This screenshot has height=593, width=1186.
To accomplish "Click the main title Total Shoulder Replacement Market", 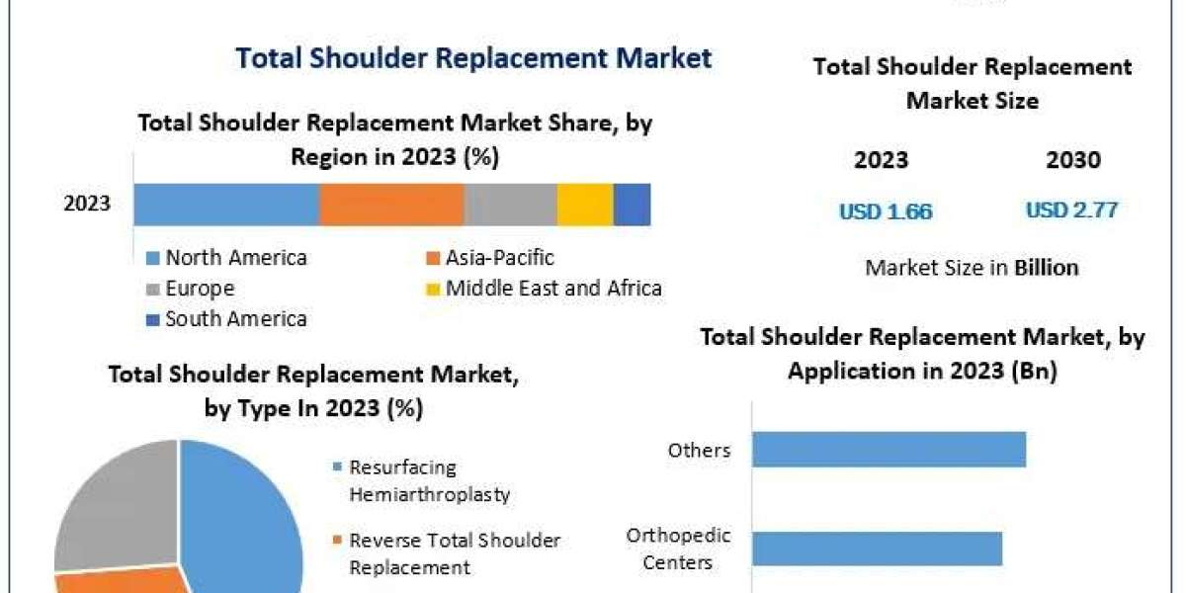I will tap(473, 57).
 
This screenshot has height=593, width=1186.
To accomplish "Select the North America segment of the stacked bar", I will tap(226, 204).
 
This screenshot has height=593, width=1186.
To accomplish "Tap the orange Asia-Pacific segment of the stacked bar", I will tap(391, 204).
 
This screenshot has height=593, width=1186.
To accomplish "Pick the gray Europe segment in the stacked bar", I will tap(510, 204).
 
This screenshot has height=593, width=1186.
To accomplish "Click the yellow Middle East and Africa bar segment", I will tap(585, 204).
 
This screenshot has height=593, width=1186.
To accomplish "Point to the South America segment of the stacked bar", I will tap(632, 204).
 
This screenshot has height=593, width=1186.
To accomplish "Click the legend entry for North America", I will tap(235, 258).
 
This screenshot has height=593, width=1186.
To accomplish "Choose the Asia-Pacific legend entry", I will tap(499, 258).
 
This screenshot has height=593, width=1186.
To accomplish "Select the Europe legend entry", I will tap(200, 289).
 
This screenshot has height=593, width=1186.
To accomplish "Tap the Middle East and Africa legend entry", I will tap(552, 289).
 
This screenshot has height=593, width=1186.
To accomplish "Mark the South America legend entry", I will tap(235, 318).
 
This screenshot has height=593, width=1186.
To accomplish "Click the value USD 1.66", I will tap(886, 212).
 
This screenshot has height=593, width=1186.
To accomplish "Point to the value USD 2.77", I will tap(1071, 210).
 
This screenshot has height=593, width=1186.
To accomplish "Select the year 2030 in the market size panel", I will tap(1072, 160).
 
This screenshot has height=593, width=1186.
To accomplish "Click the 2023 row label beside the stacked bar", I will tap(87, 205).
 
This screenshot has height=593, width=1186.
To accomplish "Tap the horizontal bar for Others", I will tap(889, 450).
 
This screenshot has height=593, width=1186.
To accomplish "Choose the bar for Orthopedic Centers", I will tap(877, 549).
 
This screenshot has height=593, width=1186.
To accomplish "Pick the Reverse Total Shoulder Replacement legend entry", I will tap(455, 553).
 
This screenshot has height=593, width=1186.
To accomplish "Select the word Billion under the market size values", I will tap(1047, 267).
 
